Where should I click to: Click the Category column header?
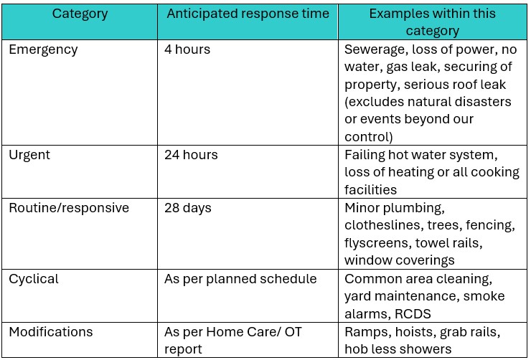(81, 14)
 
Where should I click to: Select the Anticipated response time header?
(248, 14)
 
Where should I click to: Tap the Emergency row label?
(43, 50)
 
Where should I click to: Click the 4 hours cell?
(187, 50)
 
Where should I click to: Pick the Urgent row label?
(30, 155)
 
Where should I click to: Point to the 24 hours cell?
(191, 155)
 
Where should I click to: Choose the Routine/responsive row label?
(69, 208)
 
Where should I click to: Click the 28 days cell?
(188, 208)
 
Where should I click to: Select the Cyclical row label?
(34, 279)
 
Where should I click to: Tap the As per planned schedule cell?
(240, 279)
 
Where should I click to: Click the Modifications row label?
(51, 332)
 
